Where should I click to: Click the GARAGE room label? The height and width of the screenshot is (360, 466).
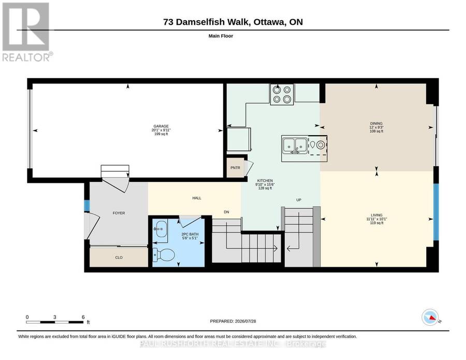(x=161, y=126)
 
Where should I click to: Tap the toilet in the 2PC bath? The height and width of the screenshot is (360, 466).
(x=164, y=255)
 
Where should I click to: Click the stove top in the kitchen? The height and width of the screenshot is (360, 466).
(x=282, y=94)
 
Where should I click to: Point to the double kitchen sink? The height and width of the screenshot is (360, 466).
(x=295, y=145)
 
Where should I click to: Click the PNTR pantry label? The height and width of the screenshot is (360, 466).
(x=235, y=168)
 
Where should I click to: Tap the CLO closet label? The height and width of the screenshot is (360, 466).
(x=119, y=257)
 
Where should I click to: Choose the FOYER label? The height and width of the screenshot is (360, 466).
(x=119, y=213)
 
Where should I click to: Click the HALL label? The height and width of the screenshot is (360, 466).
(x=197, y=198)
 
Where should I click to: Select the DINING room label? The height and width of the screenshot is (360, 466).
(x=376, y=123)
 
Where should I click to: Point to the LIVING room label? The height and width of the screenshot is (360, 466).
(x=376, y=215)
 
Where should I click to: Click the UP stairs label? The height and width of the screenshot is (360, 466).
(x=299, y=200)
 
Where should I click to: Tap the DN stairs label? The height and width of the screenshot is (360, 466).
(x=226, y=212)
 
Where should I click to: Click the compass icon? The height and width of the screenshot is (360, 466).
(x=430, y=318)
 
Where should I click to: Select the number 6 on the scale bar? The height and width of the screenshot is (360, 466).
(x=83, y=317)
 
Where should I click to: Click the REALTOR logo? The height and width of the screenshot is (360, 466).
(x=27, y=32)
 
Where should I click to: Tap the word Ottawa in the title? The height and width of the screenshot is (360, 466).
(x=268, y=22)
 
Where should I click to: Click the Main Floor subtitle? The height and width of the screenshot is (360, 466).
(x=221, y=36)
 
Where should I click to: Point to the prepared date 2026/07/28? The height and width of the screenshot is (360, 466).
(x=245, y=321)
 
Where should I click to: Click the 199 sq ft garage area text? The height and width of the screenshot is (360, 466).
(x=161, y=134)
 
